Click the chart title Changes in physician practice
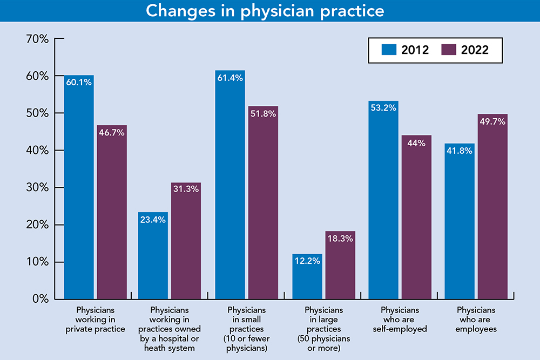click(269, 11)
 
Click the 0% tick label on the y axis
click(40, 299)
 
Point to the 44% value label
click(416, 144)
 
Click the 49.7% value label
click(492, 121)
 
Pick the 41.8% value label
click(460, 151)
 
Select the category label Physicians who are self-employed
click(400, 320)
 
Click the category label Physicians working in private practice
click(95, 320)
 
